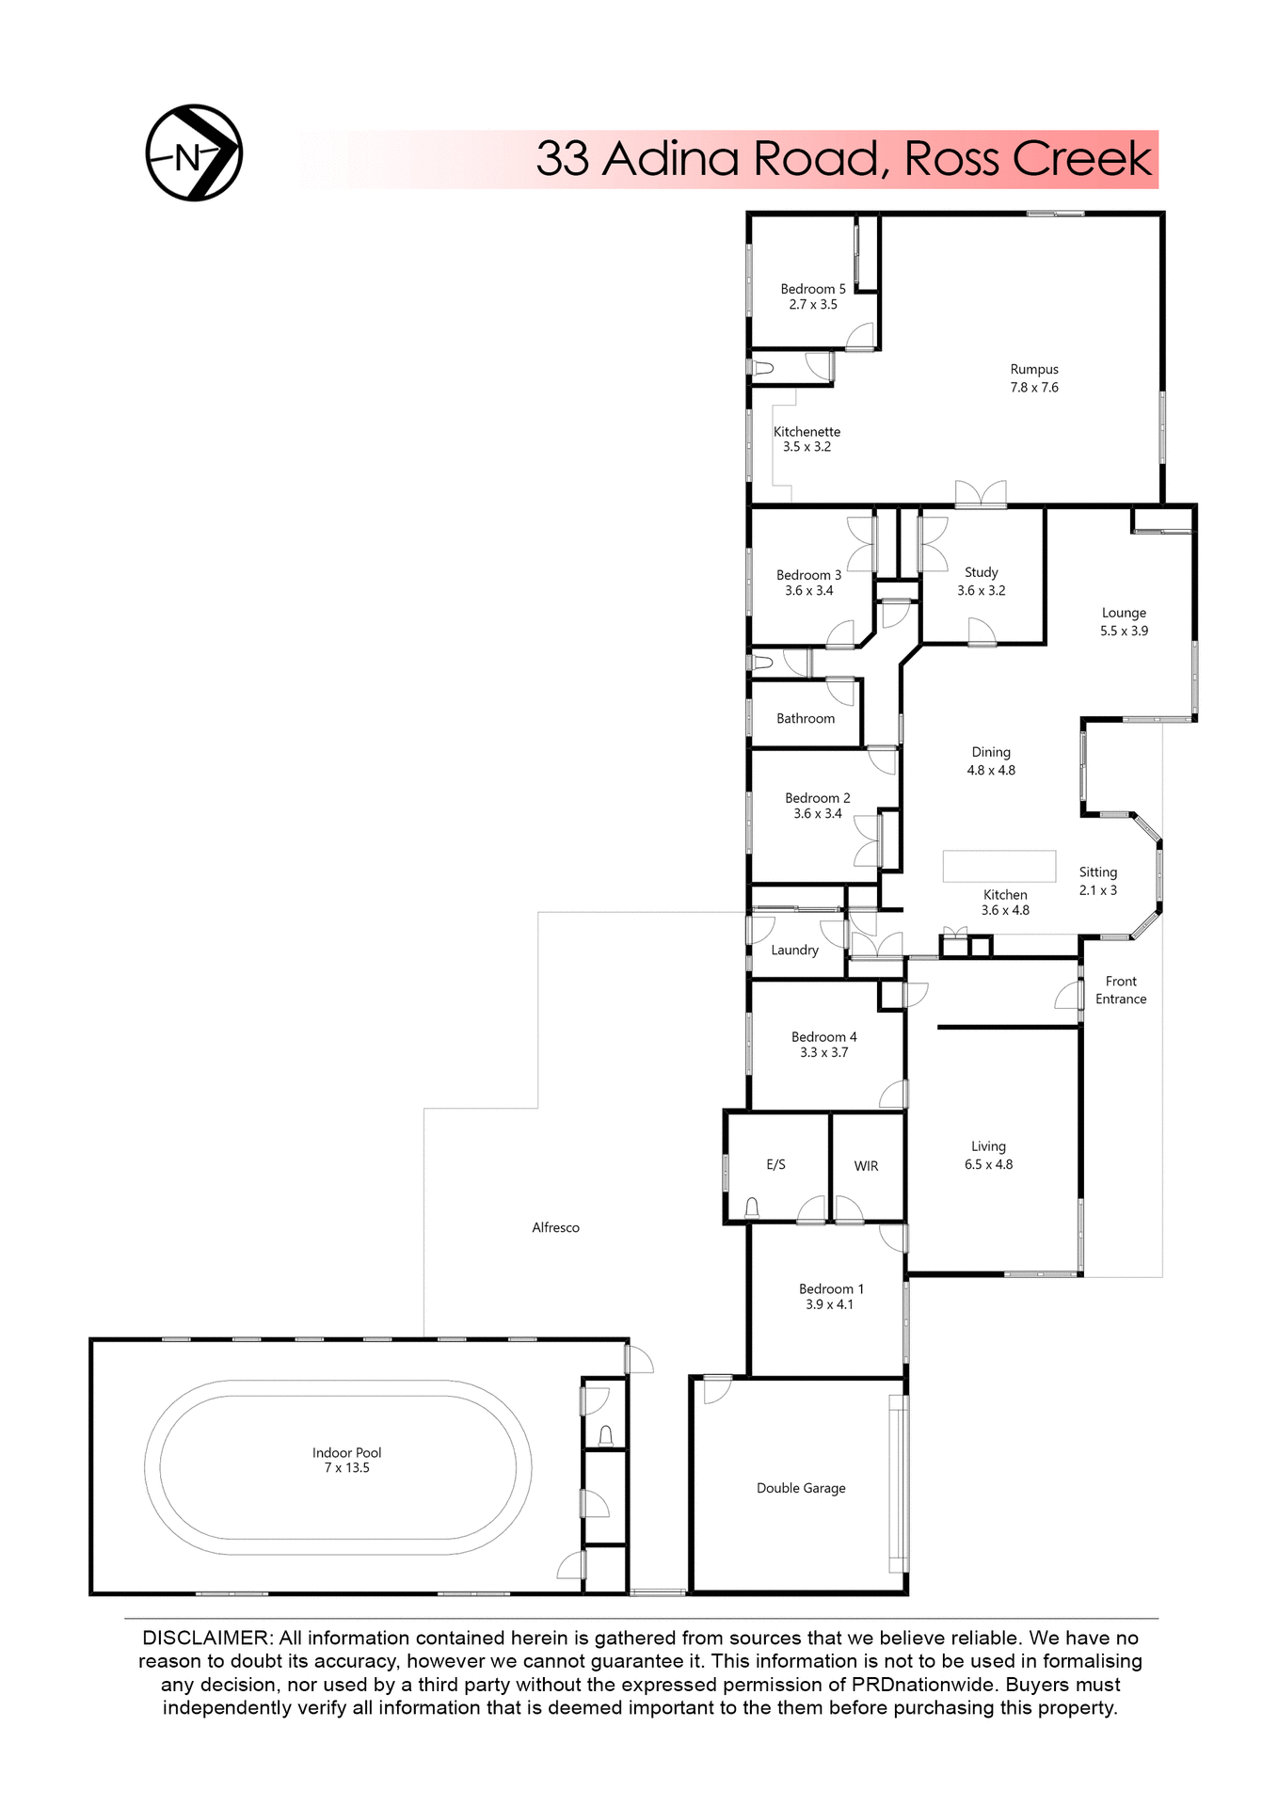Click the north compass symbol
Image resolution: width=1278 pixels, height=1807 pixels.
pos(194,153)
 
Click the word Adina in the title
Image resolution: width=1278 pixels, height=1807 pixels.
pos(670,158)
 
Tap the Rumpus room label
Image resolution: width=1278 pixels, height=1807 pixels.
pos(1034,370)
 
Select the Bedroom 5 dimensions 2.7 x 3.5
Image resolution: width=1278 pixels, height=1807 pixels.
pos(813,305)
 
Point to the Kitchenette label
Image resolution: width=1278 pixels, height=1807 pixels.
pos(807,432)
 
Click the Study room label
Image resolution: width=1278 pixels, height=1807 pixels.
pos(981,572)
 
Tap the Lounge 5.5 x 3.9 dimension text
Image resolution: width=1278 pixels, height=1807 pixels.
pos(1124,631)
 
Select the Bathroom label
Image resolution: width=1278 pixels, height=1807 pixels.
pos(806,719)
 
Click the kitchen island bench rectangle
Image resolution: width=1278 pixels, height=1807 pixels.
pos(999,865)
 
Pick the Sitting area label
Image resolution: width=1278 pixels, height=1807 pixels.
pos(1097,872)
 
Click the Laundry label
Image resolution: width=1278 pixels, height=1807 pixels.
pos(794,951)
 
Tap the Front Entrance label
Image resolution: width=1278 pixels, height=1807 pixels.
pos(1121,990)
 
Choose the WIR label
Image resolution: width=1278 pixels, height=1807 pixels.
pos(866,1166)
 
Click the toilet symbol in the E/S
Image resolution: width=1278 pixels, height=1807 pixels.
pos(752,1207)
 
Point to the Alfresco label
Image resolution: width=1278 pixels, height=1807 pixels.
pos(555,1227)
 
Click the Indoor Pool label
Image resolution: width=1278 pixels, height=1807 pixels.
pos(346,1452)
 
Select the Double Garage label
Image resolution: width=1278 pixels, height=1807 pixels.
pos(801,1488)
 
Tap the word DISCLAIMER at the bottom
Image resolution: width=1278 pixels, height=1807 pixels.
pos(205,1639)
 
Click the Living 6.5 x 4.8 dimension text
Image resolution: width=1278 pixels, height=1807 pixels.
pos(988,1164)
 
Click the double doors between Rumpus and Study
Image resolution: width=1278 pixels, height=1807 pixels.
pos(981,495)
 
